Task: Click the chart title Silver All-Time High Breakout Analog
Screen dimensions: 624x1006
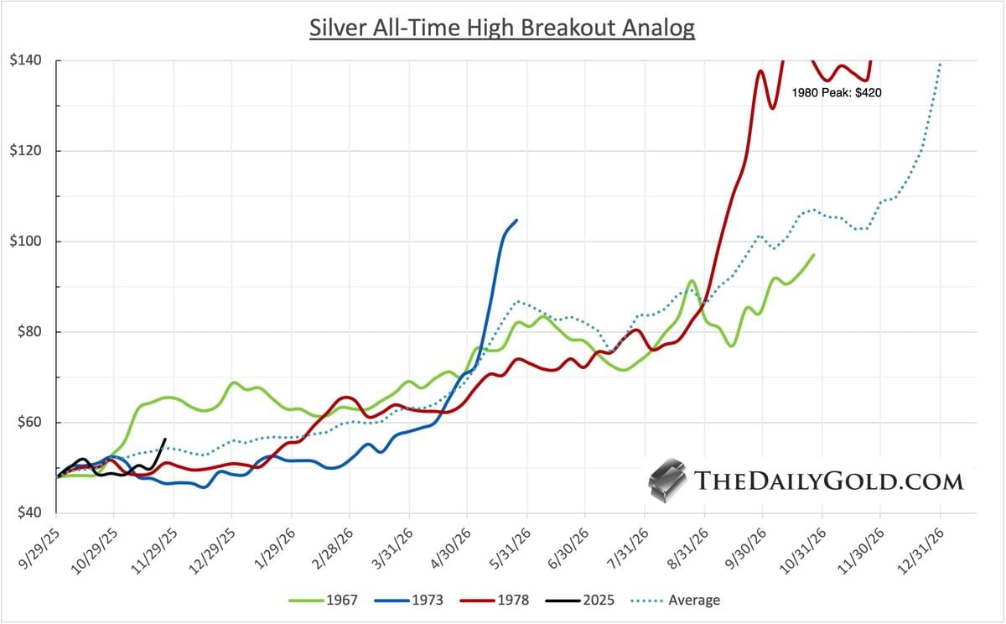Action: [502, 27]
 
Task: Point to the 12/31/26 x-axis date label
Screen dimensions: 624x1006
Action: [920, 545]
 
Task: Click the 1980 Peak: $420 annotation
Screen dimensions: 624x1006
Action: [836, 93]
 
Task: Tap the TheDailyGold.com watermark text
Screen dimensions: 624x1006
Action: [828, 481]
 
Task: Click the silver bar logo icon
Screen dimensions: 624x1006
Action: [668, 480]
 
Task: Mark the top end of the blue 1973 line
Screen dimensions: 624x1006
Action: [516, 220]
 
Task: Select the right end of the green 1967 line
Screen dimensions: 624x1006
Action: [813, 254]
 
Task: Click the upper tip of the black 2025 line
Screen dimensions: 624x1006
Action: [164, 439]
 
